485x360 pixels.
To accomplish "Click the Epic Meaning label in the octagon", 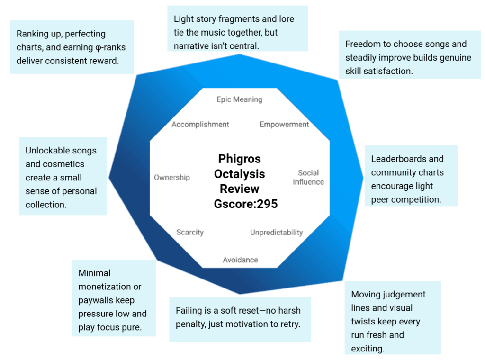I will pos(239,99).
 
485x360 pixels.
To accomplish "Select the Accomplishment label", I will pos(200,125).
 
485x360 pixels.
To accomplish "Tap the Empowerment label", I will pos(284,125).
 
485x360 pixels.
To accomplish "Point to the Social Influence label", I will pos(308,177).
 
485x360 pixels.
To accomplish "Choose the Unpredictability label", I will pos(276,233).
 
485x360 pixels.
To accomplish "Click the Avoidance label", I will pos(241,260).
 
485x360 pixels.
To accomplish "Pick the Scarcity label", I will pos(190,232).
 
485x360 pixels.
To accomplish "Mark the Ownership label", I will pos(172,177).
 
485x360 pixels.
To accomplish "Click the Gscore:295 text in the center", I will pos(246,204).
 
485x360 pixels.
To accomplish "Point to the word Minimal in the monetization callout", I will pos(95,273).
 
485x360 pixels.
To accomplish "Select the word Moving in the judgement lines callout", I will pos(366,295).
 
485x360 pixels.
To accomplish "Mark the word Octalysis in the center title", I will pos(240,174).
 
